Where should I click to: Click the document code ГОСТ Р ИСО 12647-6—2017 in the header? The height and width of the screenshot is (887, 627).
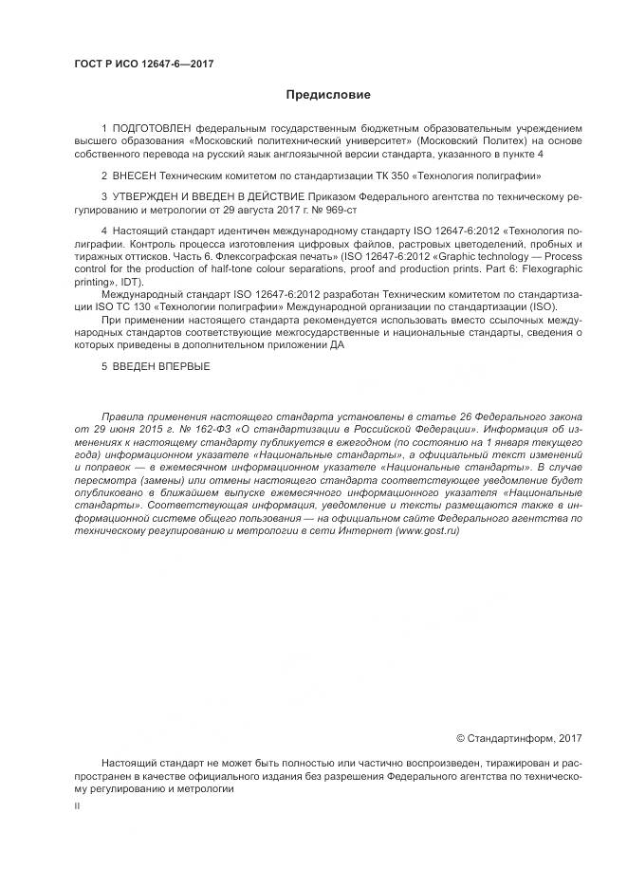pyautogui.click(x=142, y=64)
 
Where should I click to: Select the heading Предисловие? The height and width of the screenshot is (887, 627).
pyautogui.click(x=328, y=95)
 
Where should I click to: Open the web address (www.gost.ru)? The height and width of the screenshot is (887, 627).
pyautogui.click(x=428, y=531)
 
